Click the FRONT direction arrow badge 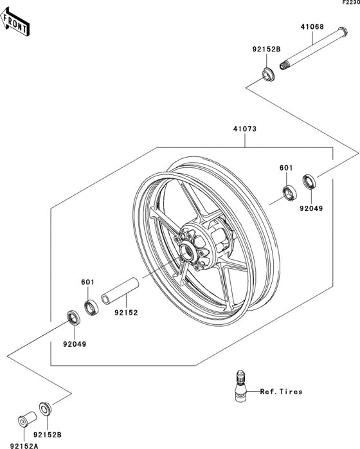click(x=16, y=23)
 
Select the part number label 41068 click(x=312, y=27)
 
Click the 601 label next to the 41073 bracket click(x=286, y=168)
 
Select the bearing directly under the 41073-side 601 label click(x=289, y=191)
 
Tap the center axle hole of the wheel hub click(x=187, y=251)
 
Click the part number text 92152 click(x=126, y=313)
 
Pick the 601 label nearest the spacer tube click(x=87, y=281)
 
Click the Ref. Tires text click(x=281, y=391)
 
